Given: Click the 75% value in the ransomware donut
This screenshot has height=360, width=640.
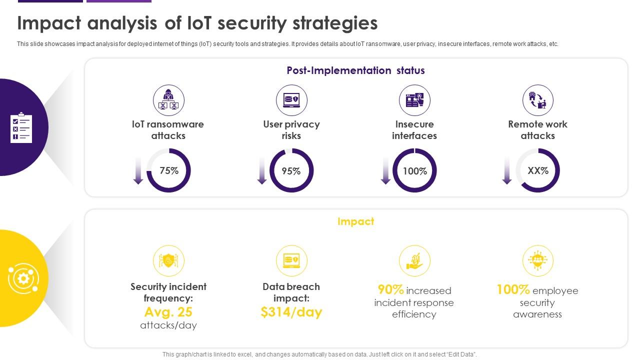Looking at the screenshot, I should click(x=169, y=170).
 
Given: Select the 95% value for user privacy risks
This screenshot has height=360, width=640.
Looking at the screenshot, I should click(x=291, y=171).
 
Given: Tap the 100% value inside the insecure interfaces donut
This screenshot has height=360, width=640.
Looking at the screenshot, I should click(x=415, y=171).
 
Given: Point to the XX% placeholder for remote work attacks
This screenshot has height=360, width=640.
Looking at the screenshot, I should click(x=538, y=170).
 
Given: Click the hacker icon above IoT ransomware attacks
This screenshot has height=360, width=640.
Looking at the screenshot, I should click(x=168, y=100).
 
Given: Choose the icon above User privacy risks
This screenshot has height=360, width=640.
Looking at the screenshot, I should click(x=291, y=100).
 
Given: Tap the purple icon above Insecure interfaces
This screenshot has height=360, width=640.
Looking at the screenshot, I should click(x=414, y=100).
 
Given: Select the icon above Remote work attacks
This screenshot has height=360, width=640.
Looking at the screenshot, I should click(x=537, y=100).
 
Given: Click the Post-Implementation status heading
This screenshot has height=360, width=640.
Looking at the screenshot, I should click(x=355, y=70).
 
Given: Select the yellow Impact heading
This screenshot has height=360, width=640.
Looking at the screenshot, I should click(x=355, y=221).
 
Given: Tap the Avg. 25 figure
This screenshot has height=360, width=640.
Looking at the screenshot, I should click(x=168, y=312).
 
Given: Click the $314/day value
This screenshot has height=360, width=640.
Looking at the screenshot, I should click(x=291, y=312).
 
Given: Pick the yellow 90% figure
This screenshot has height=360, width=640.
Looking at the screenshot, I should click(x=390, y=289).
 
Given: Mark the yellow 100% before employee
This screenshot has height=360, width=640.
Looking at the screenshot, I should click(x=513, y=289).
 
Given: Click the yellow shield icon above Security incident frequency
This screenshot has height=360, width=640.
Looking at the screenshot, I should click(x=168, y=260).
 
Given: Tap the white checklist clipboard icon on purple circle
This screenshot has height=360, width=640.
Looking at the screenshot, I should click(x=21, y=127).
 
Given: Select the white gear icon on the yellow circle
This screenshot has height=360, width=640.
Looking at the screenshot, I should click(x=22, y=278).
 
